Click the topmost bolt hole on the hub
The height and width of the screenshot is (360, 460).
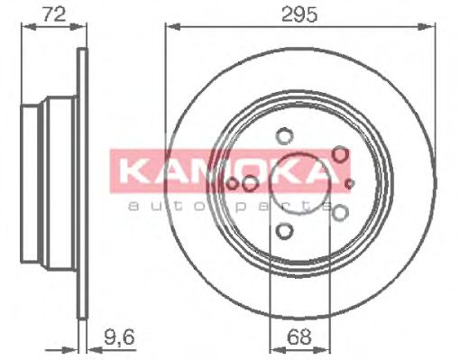coord(285,137)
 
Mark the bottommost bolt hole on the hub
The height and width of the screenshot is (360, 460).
coord(285,232)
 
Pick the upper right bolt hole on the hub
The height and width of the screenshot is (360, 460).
coord(340,155)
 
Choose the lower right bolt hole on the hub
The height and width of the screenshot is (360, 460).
coord(340,213)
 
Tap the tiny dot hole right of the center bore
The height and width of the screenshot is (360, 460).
coord(350,184)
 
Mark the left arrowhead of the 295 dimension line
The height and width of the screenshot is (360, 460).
coord(170,27)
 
